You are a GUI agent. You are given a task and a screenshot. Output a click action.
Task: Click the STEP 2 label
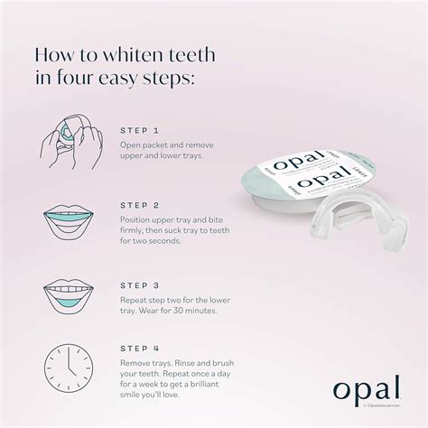point(140,205)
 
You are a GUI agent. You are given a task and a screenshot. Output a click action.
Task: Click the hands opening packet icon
point(66,145)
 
